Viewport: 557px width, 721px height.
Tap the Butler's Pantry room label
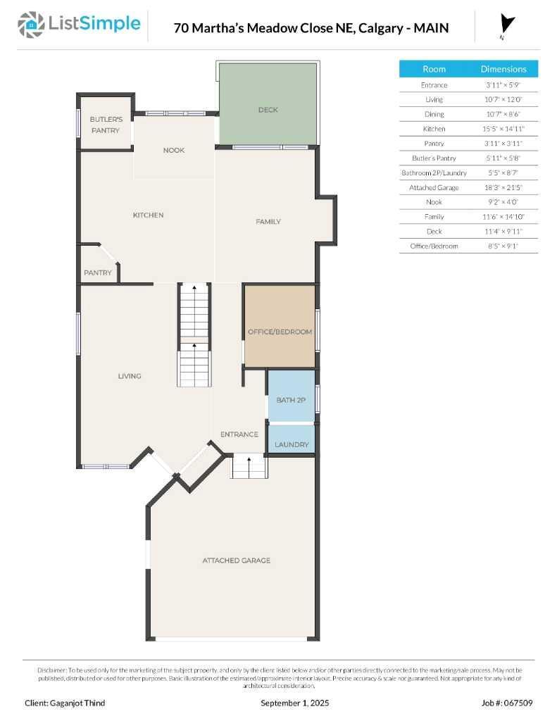[x=105, y=125]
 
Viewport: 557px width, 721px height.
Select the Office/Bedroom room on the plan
[x=280, y=331]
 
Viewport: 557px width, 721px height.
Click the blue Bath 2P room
[x=291, y=399]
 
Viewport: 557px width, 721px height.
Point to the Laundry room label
[x=292, y=444]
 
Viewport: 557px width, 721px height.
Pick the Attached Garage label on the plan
[x=237, y=560]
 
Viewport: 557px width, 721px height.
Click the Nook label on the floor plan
[x=174, y=150]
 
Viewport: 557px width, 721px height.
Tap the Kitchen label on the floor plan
[x=148, y=215]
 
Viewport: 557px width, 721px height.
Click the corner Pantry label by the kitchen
[x=98, y=272]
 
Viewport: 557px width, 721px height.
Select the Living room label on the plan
[x=130, y=376]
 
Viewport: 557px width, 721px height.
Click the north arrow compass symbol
[x=506, y=25]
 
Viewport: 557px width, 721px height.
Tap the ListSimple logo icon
[x=30, y=24]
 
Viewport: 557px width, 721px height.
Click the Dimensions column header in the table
[x=503, y=69]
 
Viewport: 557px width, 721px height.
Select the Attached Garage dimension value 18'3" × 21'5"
[x=503, y=188]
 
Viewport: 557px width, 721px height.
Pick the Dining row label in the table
[x=434, y=114]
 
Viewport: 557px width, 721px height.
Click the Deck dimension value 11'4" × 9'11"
[x=503, y=232]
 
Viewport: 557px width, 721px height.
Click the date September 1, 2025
[x=294, y=703]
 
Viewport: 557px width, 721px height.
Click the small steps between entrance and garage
[x=250, y=467]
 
